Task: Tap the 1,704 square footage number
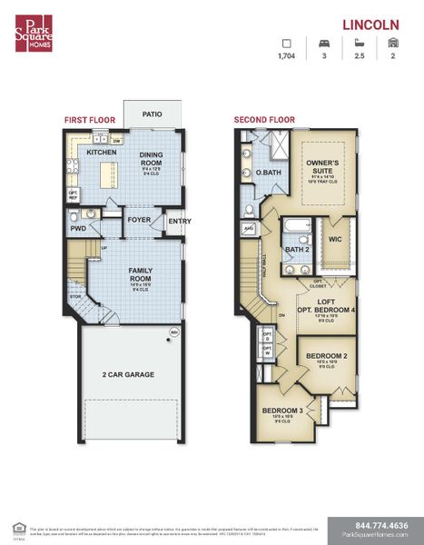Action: [288, 57]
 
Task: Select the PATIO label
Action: [153, 114]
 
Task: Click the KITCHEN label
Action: [101, 153]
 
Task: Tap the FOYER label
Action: [139, 220]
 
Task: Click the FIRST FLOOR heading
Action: [88, 119]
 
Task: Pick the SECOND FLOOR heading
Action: [264, 119]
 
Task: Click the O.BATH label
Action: [267, 173]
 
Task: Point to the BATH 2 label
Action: [298, 248]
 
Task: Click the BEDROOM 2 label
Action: [325, 355]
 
